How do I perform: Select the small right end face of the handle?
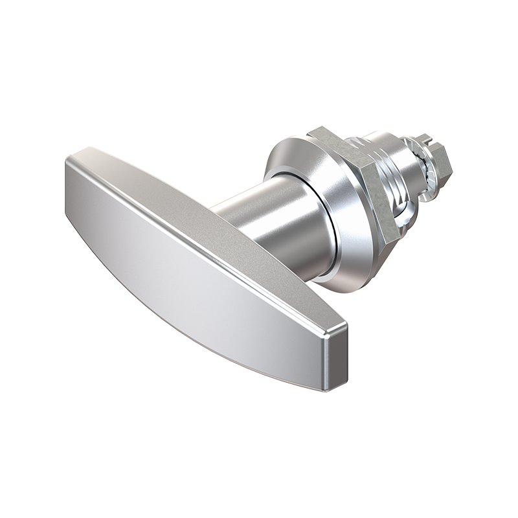click(x=336, y=359)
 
